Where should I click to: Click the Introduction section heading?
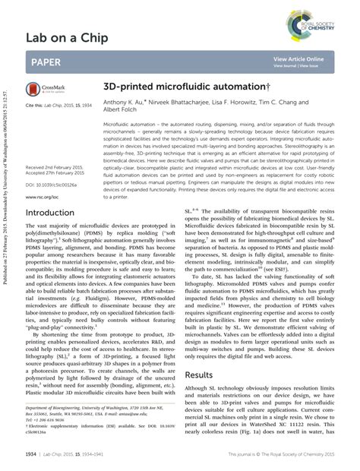point(55,213)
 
